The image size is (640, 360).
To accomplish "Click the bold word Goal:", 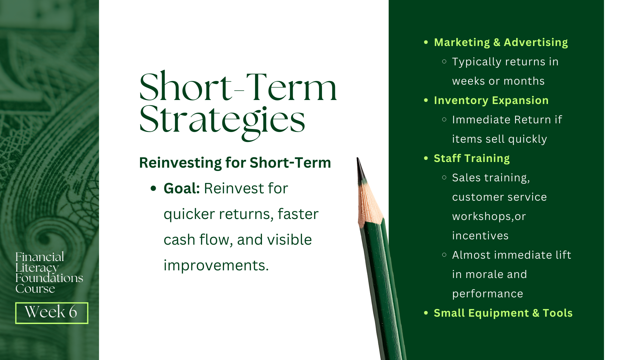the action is click(x=182, y=188).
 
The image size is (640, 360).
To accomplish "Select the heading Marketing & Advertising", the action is click(x=501, y=42).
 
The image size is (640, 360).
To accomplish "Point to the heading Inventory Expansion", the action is click(x=491, y=100).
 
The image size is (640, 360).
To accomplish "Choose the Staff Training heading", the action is click(x=472, y=158).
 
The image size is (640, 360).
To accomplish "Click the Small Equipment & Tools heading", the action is click(x=503, y=313).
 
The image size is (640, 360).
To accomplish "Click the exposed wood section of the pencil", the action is click(x=369, y=203).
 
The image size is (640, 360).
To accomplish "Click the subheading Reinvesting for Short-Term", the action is click(x=235, y=163).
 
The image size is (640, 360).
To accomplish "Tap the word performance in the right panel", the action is click(x=487, y=294).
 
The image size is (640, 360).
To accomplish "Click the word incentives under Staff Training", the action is click(x=480, y=236).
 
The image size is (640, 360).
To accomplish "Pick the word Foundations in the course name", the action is click(x=49, y=278).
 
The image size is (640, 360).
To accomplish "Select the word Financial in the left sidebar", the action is click(x=40, y=257).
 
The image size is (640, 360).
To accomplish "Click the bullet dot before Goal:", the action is click(x=153, y=189).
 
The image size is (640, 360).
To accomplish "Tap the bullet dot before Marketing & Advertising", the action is click(x=426, y=42).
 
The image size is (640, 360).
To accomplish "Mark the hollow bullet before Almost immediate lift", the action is click(x=444, y=255).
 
